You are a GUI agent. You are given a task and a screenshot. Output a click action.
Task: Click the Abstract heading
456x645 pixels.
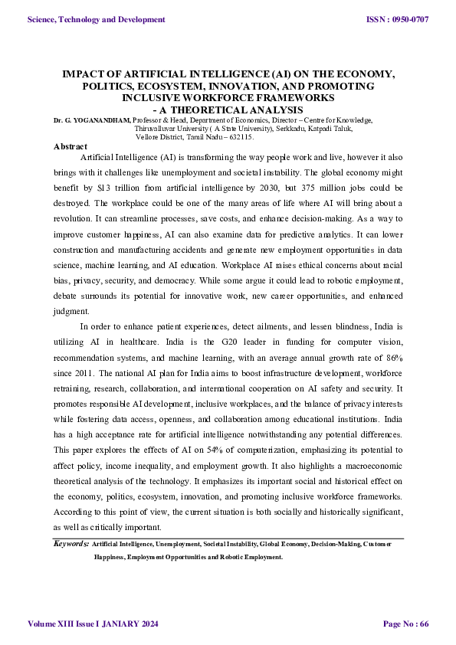pos(71,146)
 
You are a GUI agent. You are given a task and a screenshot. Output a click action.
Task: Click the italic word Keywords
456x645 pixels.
pos(71,543)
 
